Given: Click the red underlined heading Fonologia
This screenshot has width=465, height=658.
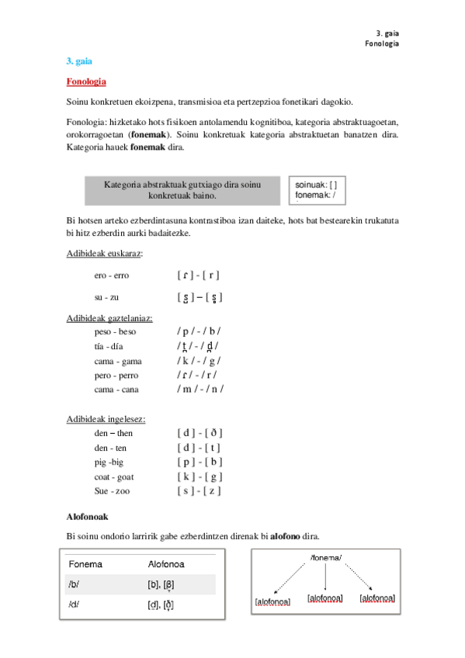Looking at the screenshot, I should [x=86, y=81].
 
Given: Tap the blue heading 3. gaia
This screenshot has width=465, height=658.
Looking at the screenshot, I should [x=79, y=61].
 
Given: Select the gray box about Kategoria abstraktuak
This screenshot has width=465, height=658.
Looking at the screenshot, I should [x=181, y=189].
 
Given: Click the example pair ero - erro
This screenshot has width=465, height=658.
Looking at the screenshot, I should [x=112, y=275].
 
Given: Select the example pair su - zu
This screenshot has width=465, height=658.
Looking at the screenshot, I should [x=106, y=297].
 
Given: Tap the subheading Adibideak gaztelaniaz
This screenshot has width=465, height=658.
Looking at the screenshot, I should [x=109, y=318].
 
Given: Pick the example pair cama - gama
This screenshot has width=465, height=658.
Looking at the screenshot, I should [x=118, y=361].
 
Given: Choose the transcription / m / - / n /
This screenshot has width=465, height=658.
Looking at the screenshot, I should [x=200, y=390].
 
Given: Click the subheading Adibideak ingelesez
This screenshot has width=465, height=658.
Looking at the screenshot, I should [x=106, y=419].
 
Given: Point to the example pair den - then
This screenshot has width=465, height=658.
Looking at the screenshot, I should [x=113, y=433].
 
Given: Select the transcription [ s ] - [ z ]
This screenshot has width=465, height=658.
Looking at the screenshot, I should [x=200, y=491].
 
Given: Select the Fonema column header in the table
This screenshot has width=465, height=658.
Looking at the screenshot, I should [x=85, y=564].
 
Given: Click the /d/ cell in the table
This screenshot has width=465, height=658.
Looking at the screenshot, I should [x=75, y=604].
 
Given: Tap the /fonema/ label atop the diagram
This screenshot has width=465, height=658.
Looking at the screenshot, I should [x=326, y=558].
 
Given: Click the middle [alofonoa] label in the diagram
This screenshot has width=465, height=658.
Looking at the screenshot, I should [x=324, y=598].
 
